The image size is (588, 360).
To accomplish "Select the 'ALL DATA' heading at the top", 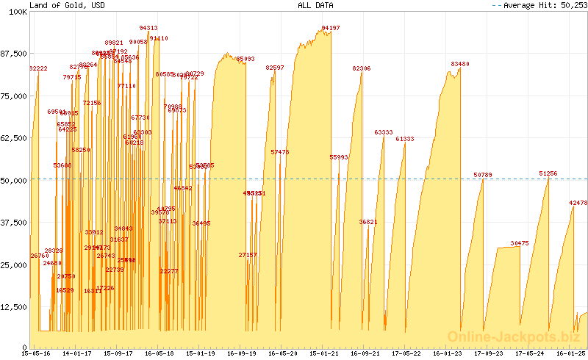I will click(315, 5).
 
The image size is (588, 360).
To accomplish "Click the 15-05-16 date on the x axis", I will click(37, 353).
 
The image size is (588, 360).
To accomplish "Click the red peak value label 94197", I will click(331, 29).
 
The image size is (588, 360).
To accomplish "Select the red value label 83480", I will click(460, 65).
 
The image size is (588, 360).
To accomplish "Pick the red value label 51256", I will click(548, 173).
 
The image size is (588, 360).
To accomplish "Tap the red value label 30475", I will click(520, 243).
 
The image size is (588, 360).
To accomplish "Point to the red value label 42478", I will click(578, 203).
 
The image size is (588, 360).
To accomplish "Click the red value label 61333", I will click(405, 139).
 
